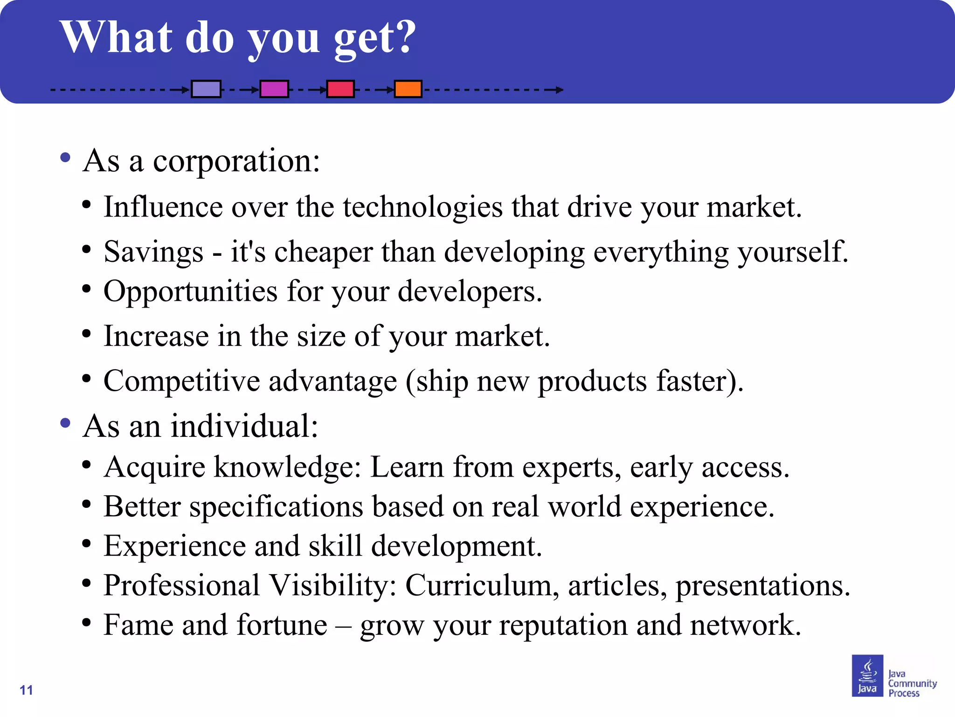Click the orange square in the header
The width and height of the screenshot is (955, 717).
(408, 89)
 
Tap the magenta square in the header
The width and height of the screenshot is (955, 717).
(274, 89)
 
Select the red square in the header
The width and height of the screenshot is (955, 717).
(340, 89)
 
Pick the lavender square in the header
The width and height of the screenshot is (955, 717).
(206, 89)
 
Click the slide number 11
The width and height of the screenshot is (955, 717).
(27, 690)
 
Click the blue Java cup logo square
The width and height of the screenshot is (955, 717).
(867, 675)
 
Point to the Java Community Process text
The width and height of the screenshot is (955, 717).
(912, 683)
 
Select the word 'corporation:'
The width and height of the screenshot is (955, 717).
(236, 161)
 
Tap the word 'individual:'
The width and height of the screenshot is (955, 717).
(244, 426)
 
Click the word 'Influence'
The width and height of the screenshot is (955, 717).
(163, 207)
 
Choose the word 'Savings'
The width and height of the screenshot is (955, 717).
(153, 252)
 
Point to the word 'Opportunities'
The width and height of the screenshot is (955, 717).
(190, 292)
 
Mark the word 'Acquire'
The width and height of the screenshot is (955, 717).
(154, 467)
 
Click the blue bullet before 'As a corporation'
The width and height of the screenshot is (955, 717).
(65, 157)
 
